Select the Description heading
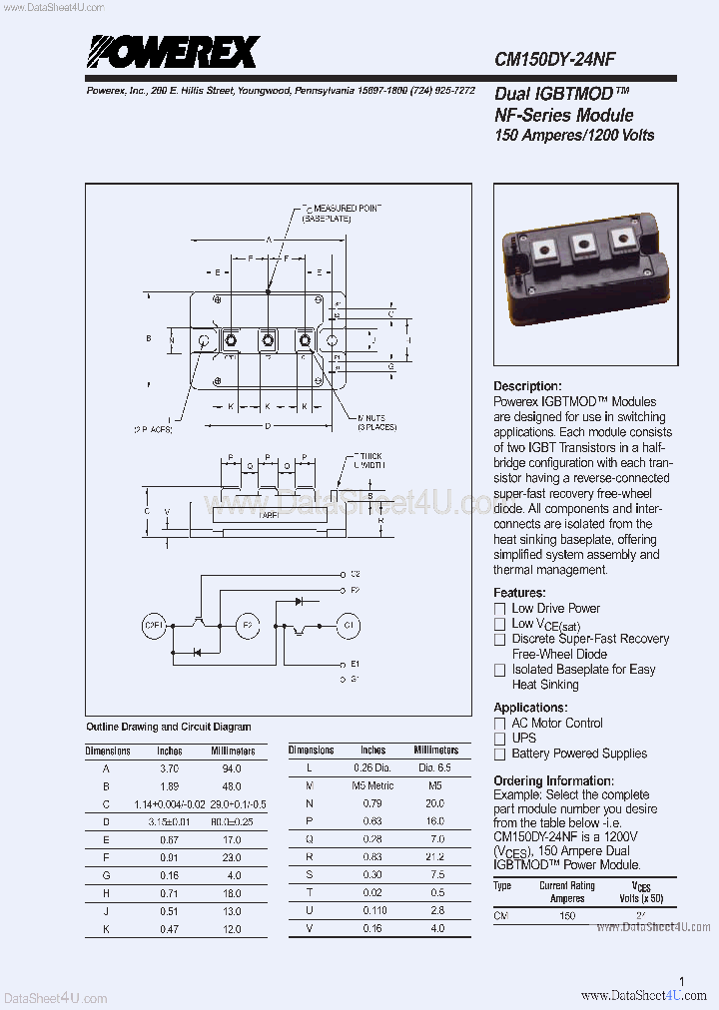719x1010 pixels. (527, 386)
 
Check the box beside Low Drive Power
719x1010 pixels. (500, 609)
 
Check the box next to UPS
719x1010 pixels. (500, 739)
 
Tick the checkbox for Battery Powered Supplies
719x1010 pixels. (500, 755)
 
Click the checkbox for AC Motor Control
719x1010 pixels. (500, 724)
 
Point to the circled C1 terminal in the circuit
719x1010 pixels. (348, 626)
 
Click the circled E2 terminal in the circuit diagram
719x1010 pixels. (247, 626)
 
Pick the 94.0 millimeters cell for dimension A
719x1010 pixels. (231, 768)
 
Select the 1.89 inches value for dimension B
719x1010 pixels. (170, 786)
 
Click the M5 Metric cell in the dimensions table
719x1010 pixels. (372, 786)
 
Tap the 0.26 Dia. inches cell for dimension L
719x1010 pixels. (372, 768)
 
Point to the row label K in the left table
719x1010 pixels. (106, 929)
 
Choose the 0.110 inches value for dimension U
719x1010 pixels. (372, 911)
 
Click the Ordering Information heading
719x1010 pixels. (553, 780)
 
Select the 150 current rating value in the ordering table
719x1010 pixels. (567, 915)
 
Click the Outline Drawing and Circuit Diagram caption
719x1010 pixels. (169, 727)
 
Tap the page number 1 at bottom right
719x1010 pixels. (681, 982)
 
